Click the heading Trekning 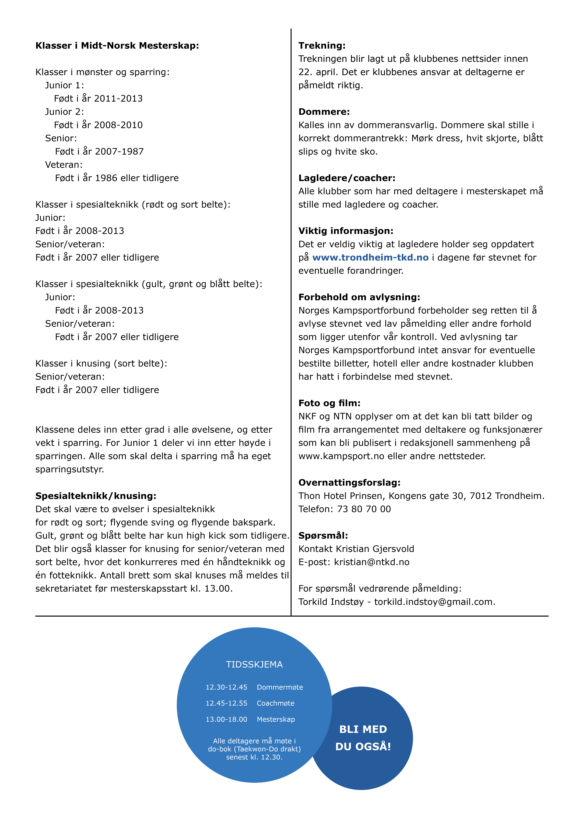pos(322,46)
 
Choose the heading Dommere pos(324,112)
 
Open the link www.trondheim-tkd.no pos(370,258)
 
